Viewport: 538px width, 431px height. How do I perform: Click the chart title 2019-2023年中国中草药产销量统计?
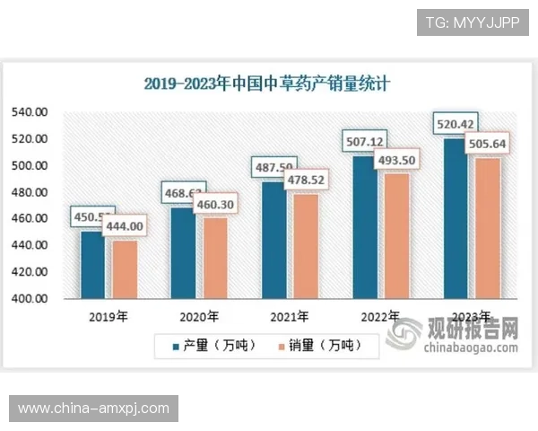coord(269,84)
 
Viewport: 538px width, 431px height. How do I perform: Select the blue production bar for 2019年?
coord(92,265)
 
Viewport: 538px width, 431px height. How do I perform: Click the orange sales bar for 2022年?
coord(397,235)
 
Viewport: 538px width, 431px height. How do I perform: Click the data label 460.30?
coord(215,205)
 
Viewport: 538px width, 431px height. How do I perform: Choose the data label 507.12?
coord(365,141)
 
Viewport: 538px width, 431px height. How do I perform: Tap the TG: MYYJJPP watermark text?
coord(473,22)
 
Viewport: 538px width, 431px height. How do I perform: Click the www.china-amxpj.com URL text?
coord(93,409)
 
